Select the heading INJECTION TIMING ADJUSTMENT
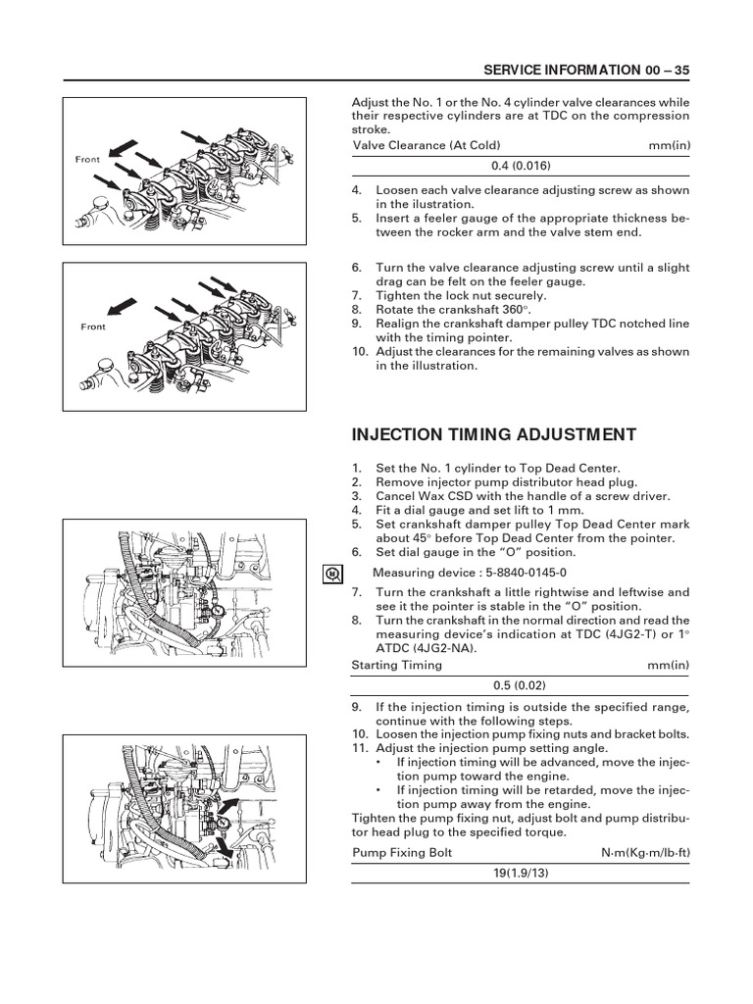tap(493, 435)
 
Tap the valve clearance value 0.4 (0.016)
tap(520, 167)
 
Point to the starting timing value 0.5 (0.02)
tap(520, 685)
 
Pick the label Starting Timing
tap(396, 665)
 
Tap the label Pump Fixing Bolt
tap(402, 852)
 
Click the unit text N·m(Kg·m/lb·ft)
tap(645, 852)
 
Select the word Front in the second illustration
tap(93, 327)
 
